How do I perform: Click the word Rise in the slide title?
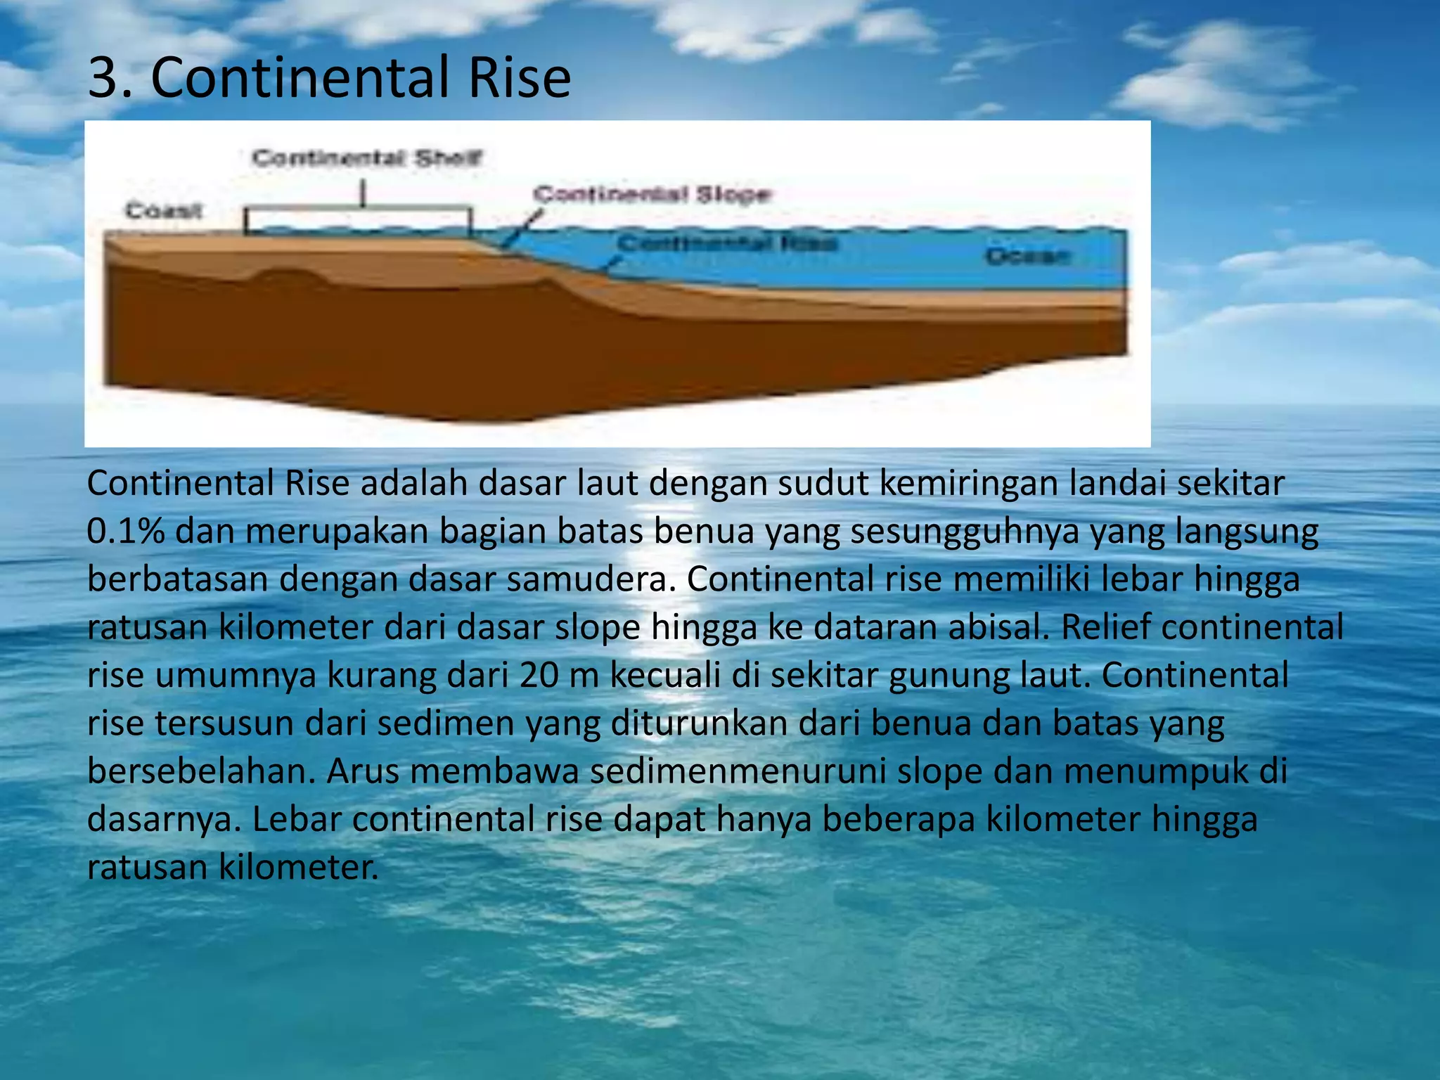click(x=519, y=77)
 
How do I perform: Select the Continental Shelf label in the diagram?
click(x=367, y=157)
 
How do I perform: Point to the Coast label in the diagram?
click(x=164, y=210)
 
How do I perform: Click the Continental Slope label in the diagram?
click(x=652, y=193)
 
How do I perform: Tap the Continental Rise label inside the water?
click(x=728, y=243)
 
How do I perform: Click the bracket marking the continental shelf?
click(x=358, y=209)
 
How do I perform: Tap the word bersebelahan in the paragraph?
click(x=201, y=771)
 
